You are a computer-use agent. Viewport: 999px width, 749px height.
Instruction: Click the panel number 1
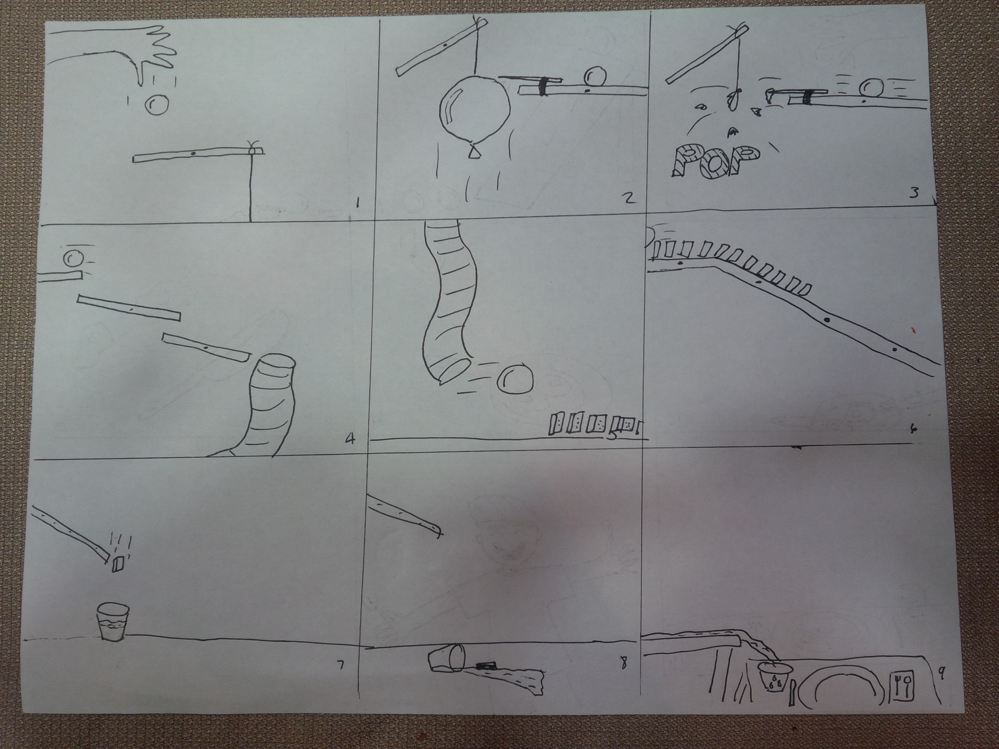click(x=357, y=203)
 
